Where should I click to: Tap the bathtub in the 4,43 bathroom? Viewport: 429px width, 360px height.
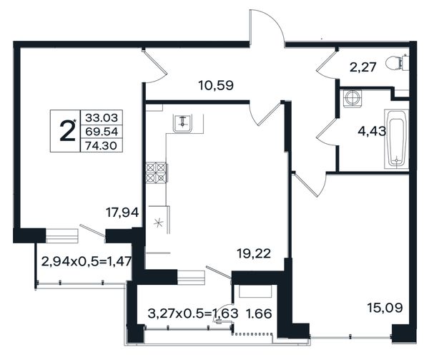pos(397,139)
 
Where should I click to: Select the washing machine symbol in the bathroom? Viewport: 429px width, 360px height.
pos(351,97)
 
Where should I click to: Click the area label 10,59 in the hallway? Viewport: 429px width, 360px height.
pos(216,85)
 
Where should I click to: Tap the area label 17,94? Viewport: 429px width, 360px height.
pos(122,213)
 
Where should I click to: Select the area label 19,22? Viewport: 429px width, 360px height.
pos(254,254)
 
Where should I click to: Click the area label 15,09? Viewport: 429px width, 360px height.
pos(385,308)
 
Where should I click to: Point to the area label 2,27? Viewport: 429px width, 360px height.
pos(363,67)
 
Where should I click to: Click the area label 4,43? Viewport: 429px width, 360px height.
pos(372,132)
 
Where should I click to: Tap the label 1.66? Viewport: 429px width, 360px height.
pos(259,313)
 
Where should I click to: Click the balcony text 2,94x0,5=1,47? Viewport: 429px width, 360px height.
pos(87,261)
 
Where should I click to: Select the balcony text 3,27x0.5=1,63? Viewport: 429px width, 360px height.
pos(193,313)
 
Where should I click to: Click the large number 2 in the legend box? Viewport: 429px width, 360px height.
pos(67,132)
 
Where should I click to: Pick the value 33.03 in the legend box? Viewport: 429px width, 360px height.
pos(102,118)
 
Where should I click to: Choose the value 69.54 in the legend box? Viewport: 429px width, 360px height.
pos(102,132)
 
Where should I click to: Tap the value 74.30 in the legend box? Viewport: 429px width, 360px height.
pos(102,145)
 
